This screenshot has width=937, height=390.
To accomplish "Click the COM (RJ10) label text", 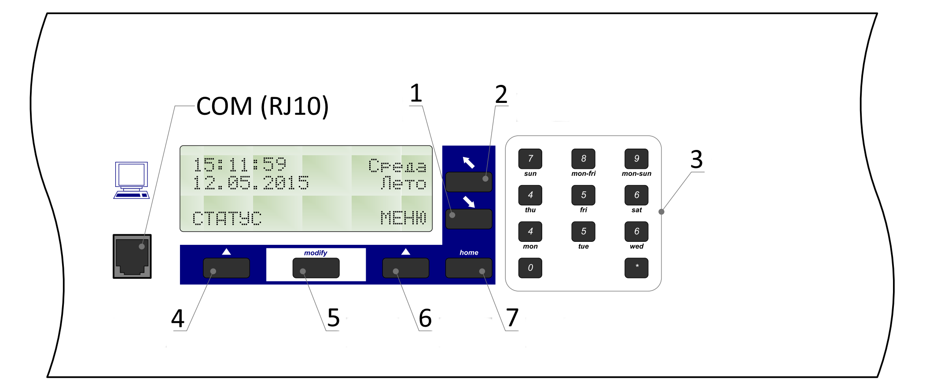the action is (x=262, y=106).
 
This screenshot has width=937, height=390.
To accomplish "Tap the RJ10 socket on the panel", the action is (x=132, y=256).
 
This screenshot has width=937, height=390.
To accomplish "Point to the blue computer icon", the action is (x=132, y=180).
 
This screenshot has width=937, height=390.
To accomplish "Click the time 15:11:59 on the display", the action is (x=240, y=165).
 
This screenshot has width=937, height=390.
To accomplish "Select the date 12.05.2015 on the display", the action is (x=251, y=182).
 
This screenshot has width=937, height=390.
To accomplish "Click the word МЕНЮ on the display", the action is (x=403, y=218).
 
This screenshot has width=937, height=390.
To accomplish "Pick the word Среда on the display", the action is (x=397, y=166).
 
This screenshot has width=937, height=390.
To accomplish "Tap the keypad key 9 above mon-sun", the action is (x=636, y=159).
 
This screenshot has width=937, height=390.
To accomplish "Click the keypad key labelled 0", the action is (x=530, y=268).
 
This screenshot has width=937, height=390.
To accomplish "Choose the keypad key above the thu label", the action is (x=530, y=195).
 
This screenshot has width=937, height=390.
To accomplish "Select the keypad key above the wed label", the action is (x=636, y=232).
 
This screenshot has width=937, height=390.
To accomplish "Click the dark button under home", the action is (x=469, y=268).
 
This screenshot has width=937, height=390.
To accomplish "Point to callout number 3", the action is (x=696, y=159).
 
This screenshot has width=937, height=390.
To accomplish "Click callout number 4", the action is (x=178, y=318).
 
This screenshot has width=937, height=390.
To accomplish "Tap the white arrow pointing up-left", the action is (x=469, y=163).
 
